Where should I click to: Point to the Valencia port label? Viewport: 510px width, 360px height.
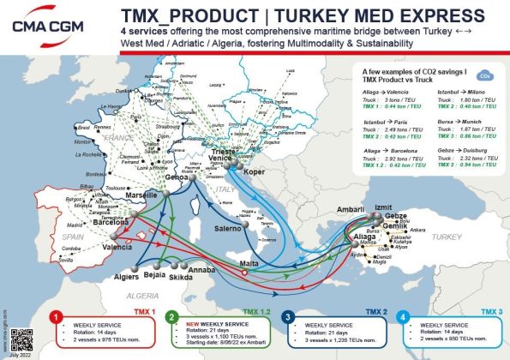[x=117, y=247]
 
